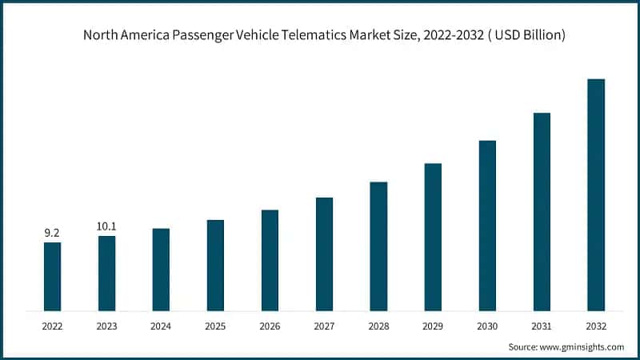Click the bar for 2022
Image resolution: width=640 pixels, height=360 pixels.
(x=52, y=276)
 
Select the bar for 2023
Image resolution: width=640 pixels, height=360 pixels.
(x=106, y=273)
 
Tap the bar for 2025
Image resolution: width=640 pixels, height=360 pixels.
(x=215, y=265)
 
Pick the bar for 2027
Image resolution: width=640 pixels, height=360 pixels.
(x=324, y=254)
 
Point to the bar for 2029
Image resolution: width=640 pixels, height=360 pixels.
(x=433, y=237)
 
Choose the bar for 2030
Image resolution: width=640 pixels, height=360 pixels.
(x=487, y=226)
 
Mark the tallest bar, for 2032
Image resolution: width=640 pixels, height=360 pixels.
(x=596, y=194)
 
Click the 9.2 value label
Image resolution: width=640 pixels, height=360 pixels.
(x=52, y=233)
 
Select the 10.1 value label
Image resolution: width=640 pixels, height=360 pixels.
(x=106, y=226)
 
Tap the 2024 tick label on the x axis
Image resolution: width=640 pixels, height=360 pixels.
(x=161, y=326)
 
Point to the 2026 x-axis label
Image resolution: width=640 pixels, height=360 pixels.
(x=270, y=326)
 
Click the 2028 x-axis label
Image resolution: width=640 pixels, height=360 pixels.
(x=378, y=326)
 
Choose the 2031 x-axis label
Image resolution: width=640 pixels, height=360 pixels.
(x=542, y=326)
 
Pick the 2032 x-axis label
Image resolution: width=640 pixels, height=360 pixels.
(x=596, y=326)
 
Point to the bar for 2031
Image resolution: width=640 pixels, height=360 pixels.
(x=542, y=211)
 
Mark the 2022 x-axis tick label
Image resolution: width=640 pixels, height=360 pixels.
(x=52, y=326)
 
